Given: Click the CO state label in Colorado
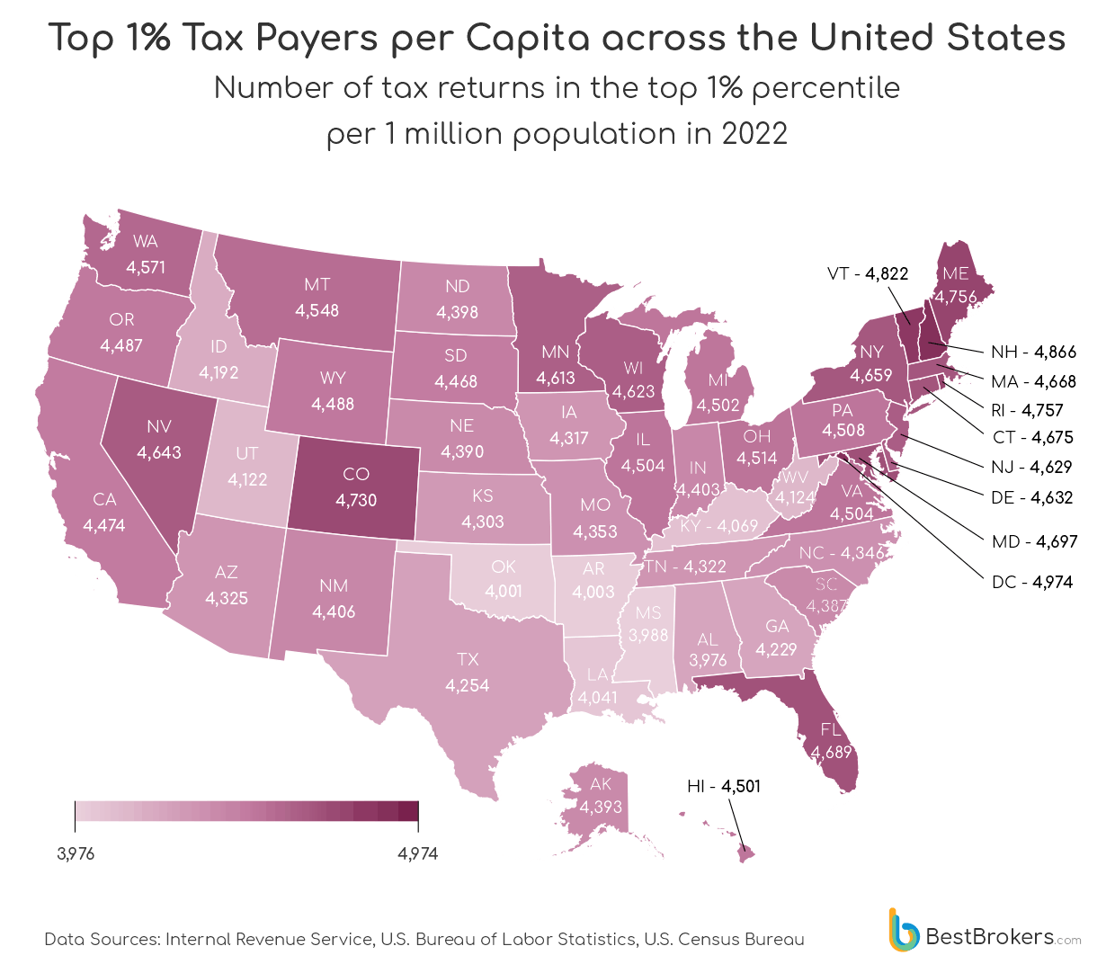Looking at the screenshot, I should click(x=356, y=474).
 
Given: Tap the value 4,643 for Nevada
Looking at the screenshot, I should click(x=159, y=452).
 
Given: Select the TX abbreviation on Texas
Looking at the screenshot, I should click(x=468, y=659).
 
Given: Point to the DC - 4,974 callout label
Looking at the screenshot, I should click(x=1032, y=582).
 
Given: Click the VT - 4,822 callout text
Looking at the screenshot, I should click(x=868, y=273).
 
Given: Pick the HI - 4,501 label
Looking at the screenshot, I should click(x=724, y=786).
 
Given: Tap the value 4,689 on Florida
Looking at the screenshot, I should click(x=831, y=752).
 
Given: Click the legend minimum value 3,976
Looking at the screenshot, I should click(x=76, y=853).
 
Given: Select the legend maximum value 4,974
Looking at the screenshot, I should click(x=418, y=853).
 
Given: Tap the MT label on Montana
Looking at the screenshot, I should click(x=317, y=285).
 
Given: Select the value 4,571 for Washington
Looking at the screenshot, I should click(x=146, y=267).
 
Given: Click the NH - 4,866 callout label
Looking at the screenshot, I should click(x=1033, y=352).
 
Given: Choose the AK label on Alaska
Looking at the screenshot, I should click(x=601, y=784).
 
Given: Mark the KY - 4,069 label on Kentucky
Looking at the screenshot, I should click(x=719, y=525).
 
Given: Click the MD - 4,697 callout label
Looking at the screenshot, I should click(x=1034, y=541).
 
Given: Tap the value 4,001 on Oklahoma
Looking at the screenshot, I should click(x=504, y=591).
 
